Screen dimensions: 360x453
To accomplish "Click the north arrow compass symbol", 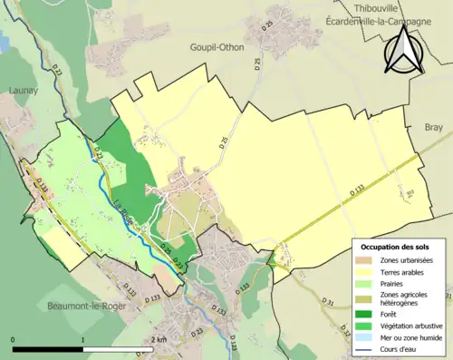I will tap(405, 51).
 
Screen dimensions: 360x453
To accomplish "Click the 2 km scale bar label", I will tap(159, 339).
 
